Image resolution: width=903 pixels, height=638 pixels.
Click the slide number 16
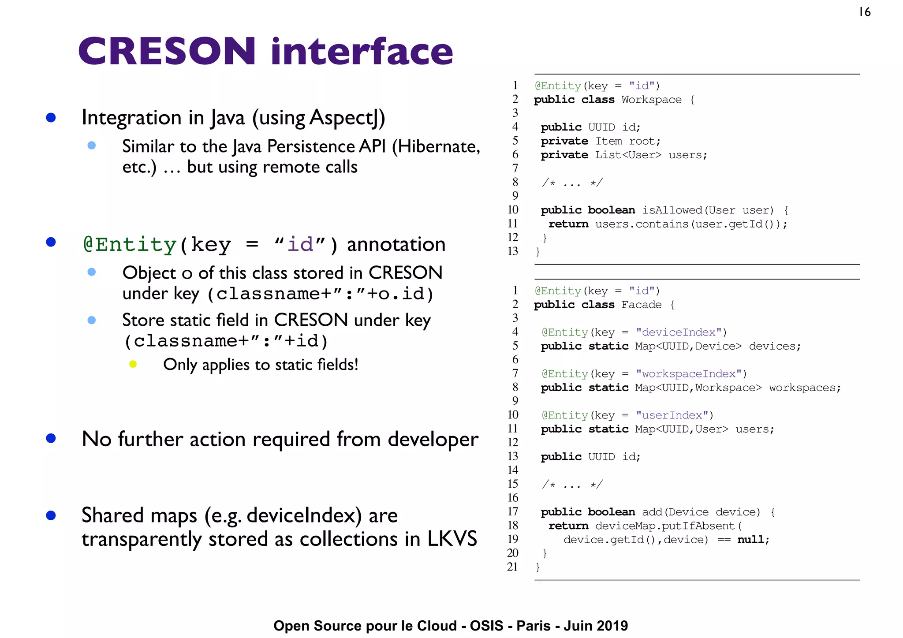pyautogui.click(x=865, y=12)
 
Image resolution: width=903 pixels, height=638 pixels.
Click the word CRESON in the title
pyautogui.click(x=167, y=51)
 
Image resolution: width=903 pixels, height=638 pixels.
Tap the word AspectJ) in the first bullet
pyautogui.click(x=347, y=118)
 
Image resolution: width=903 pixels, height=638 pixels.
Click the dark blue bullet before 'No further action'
pyautogui.click(x=51, y=438)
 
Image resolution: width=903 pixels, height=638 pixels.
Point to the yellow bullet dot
pyautogui.click(x=133, y=364)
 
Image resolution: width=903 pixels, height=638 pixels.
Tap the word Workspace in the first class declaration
pyautogui.click(x=651, y=100)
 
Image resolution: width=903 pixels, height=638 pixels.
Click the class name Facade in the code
pyautogui.click(x=641, y=305)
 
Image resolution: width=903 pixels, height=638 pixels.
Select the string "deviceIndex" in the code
pyautogui.click(x=679, y=332)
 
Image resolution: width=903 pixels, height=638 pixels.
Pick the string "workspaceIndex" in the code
pyautogui.click(x=689, y=374)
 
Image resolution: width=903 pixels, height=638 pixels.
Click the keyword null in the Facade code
pyautogui.click(x=753, y=540)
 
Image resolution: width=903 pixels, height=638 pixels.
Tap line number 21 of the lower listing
pyautogui.click(x=512, y=567)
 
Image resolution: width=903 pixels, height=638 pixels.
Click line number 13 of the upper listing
pyautogui.click(x=512, y=251)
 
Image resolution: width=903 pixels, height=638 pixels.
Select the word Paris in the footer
pyautogui.click(x=533, y=626)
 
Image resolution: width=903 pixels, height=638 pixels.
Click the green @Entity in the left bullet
pyautogui.click(x=130, y=245)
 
